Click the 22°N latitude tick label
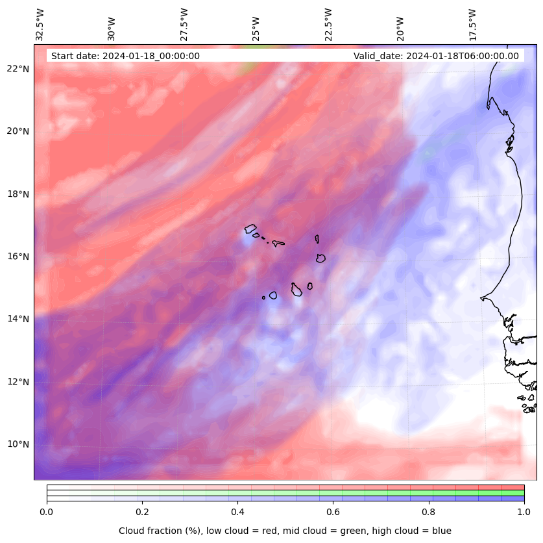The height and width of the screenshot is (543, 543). click(x=19, y=69)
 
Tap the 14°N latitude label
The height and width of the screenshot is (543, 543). click(x=19, y=319)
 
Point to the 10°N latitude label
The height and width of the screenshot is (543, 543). click(x=19, y=444)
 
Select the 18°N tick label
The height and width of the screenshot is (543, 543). click(x=19, y=194)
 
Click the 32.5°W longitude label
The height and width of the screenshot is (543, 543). click(x=40, y=24)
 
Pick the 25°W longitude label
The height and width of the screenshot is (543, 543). click(x=256, y=27)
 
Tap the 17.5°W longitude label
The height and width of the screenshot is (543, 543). click(x=472, y=24)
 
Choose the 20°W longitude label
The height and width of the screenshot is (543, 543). click(x=400, y=27)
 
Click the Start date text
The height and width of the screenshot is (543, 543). click(x=125, y=56)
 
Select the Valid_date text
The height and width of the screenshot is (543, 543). click(x=436, y=56)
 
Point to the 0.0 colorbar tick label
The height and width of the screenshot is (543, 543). click(x=47, y=512)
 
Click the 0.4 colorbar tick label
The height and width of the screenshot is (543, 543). click(x=237, y=512)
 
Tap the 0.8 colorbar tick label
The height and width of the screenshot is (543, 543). click(x=429, y=512)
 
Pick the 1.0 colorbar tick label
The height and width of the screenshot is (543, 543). click(x=524, y=512)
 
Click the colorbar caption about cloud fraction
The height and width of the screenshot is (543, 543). click(x=285, y=531)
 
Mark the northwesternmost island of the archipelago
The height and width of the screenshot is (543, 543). click(x=250, y=229)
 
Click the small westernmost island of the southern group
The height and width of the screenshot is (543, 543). click(x=263, y=297)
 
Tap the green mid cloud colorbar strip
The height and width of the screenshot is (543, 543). click(x=285, y=493)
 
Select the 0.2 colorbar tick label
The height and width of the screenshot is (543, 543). click(x=142, y=512)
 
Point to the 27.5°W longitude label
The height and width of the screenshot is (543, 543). click(x=184, y=24)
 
